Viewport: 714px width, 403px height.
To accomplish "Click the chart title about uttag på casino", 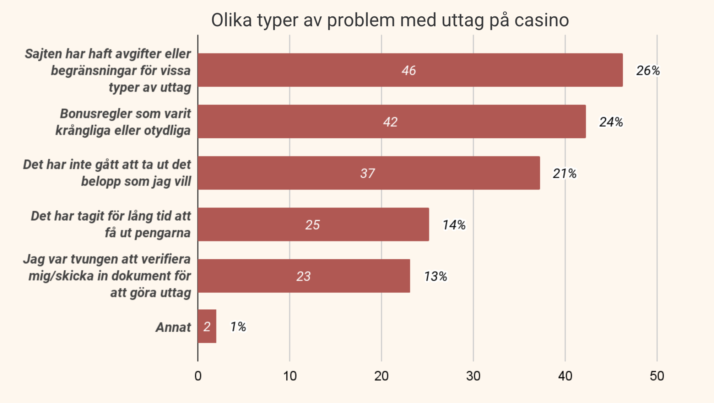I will (390, 20).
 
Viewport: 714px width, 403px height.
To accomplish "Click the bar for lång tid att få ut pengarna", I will (313, 225).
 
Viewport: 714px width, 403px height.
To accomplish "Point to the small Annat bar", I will (207, 326).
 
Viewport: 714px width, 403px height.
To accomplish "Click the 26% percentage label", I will (648, 71).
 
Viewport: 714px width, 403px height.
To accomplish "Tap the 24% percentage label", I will (611, 122).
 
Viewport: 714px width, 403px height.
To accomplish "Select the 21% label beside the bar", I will (564, 173).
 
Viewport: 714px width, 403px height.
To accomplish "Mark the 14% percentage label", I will (454, 225).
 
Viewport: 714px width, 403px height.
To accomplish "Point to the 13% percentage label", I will (436, 276).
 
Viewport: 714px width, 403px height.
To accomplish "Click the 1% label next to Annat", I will (238, 327).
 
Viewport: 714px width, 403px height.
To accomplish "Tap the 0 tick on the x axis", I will (198, 376).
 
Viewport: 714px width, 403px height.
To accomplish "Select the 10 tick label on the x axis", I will (290, 376).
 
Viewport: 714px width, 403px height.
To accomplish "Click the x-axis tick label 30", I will (473, 376).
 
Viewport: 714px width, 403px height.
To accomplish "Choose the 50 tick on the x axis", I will (657, 376).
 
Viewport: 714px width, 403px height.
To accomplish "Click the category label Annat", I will (173, 327).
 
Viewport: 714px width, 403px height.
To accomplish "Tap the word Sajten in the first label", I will (43, 54).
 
